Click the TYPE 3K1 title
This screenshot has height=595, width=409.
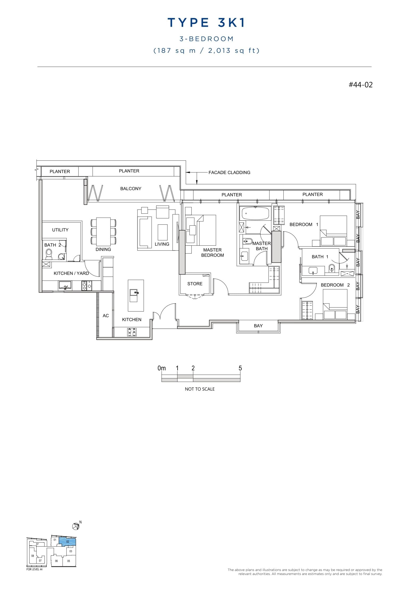[206, 23]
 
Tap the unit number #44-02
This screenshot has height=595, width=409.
[361, 85]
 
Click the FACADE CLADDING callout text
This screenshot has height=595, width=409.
[229, 172]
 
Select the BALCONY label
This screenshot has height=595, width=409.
[130, 189]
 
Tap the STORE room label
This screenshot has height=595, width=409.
[195, 284]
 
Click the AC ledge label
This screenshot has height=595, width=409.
[106, 316]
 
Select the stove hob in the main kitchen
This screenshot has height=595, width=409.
[132, 332]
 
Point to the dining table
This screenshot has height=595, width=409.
[103, 232]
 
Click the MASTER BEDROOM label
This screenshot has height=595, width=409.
[212, 253]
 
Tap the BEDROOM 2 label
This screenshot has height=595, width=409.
[335, 285]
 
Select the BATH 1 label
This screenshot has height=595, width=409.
[320, 257]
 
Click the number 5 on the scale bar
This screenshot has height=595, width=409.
[240, 368]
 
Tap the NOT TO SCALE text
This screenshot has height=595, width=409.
[200, 389]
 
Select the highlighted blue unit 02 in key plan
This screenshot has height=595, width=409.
[67, 541]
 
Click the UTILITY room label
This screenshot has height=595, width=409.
[60, 230]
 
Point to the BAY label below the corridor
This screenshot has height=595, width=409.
[258, 326]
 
